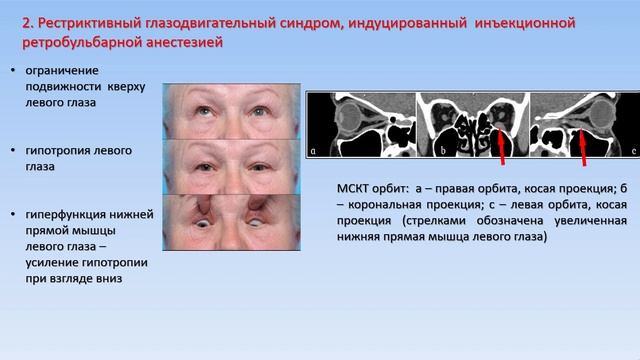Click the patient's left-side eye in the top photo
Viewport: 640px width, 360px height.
tap(203, 104)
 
